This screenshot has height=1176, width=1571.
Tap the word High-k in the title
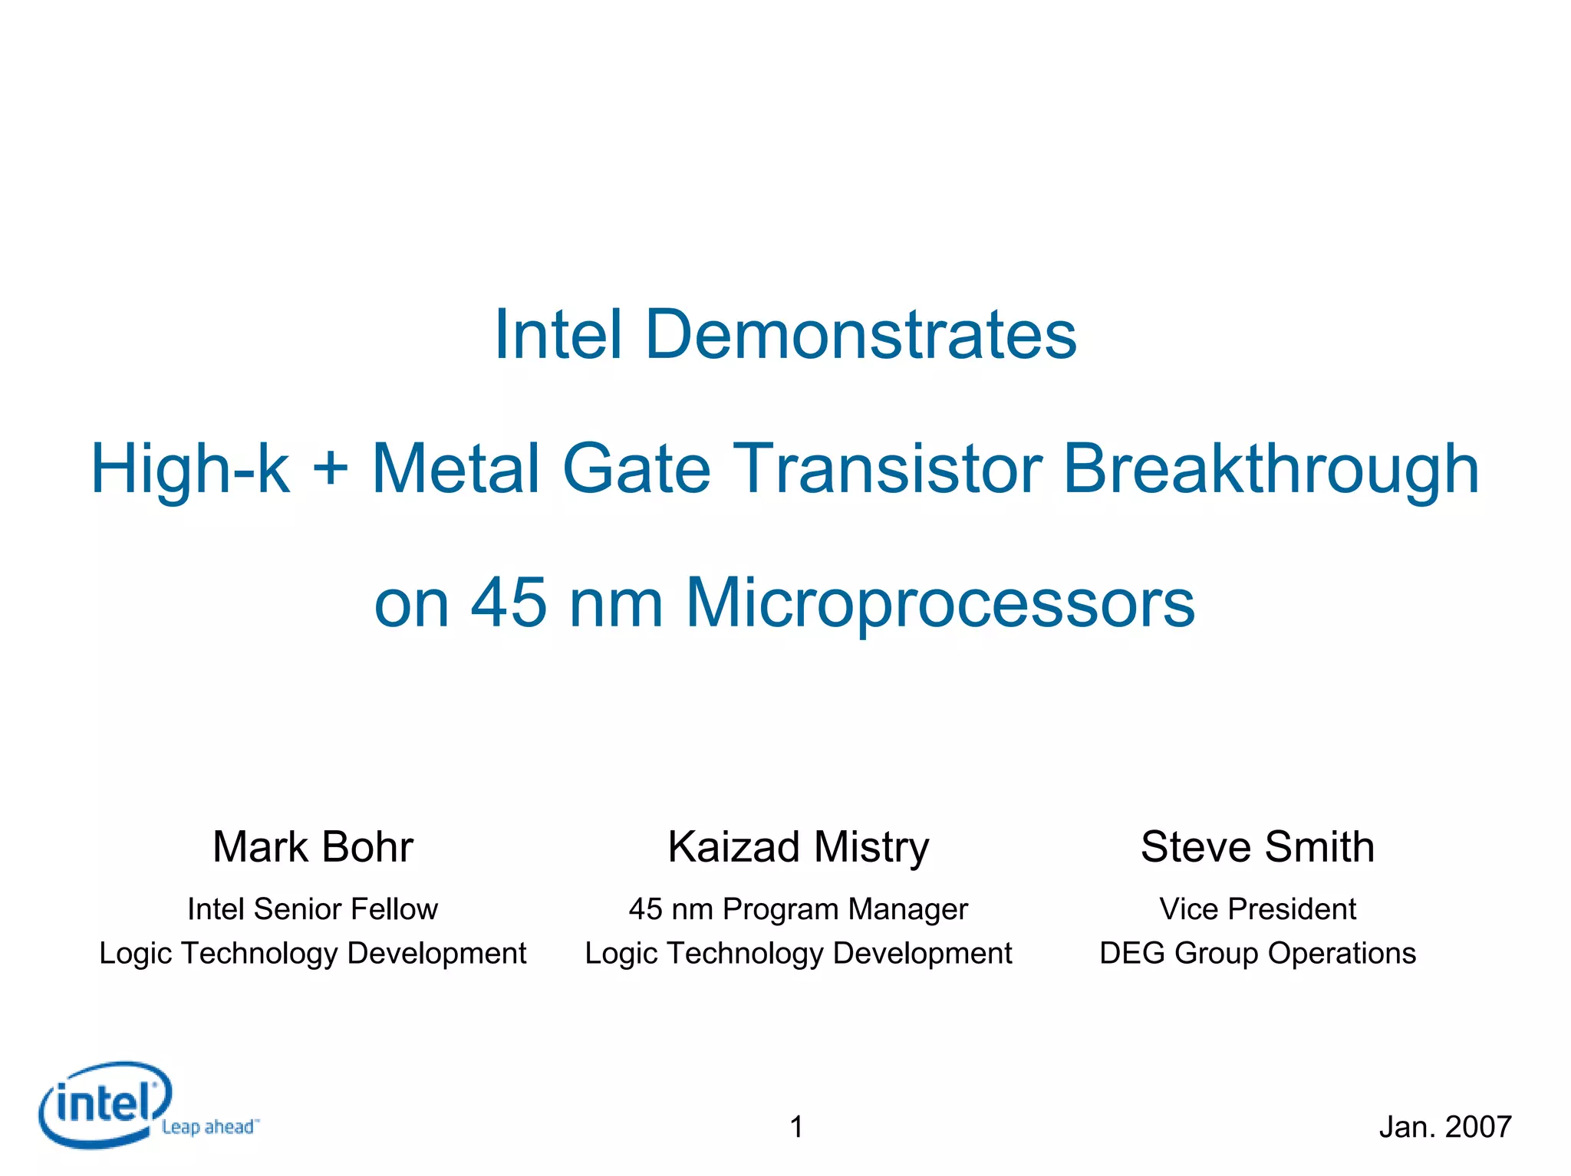point(190,468)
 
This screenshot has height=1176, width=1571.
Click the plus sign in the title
point(331,470)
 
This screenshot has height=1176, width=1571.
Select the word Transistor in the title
point(888,468)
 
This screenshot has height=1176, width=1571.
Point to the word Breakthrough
point(1271,468)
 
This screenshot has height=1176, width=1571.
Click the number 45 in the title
point(509,603)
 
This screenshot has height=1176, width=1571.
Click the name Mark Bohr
point(313,847)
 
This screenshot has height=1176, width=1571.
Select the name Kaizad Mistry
point(799,847)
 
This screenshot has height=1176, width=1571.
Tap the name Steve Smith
point(1257,847)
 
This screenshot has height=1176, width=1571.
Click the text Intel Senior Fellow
point(313,909)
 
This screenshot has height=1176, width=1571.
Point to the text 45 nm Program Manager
point(799,909)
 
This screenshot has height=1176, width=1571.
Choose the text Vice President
point(1257,909)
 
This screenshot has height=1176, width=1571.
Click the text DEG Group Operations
point(1257,953)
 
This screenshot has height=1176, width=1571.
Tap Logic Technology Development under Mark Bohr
point(313,953)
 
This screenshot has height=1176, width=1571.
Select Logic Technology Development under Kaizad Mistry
point(799,953)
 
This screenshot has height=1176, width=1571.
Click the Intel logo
point(104,1104)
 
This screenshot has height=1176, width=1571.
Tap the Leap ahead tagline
point(209,1127)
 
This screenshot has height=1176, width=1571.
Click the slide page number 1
point(797,1127)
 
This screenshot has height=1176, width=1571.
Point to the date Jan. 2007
point(1445,1127)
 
